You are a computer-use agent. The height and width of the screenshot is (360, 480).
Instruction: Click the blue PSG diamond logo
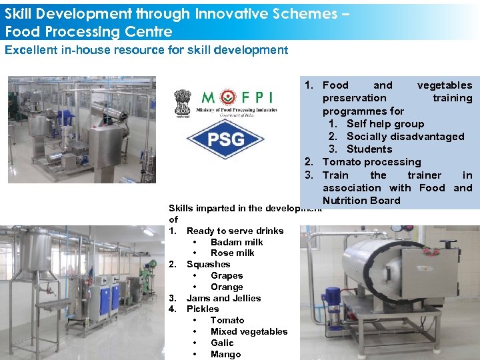click(225, 139)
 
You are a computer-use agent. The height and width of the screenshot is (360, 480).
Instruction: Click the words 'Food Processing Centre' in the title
click(89, 31)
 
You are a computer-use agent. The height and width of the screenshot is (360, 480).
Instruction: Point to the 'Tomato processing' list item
click(371, 162)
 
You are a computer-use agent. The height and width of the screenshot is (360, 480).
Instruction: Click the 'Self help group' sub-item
click(385, 124)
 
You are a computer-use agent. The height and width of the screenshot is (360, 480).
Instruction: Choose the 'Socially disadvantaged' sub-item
click(405, 137)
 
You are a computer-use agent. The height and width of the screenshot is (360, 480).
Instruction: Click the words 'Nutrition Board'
click(361, 201)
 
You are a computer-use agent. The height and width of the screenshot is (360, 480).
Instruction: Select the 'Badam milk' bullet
click(236, 242)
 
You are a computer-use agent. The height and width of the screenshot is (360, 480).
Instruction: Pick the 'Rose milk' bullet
click(232, 253)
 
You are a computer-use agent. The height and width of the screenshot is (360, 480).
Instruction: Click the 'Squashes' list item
click(208, 265)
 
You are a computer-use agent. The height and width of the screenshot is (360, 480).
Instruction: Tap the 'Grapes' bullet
click(227, 276)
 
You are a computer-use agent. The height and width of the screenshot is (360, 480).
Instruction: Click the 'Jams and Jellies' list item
click(223, 299)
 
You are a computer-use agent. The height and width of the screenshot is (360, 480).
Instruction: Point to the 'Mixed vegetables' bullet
click(249, 332)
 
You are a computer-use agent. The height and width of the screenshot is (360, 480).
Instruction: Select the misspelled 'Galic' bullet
click(222, 343)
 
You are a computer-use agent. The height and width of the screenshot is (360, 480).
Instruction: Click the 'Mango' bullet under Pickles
click(225, 355)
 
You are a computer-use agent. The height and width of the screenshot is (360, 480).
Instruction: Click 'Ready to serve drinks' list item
click(235, 231)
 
